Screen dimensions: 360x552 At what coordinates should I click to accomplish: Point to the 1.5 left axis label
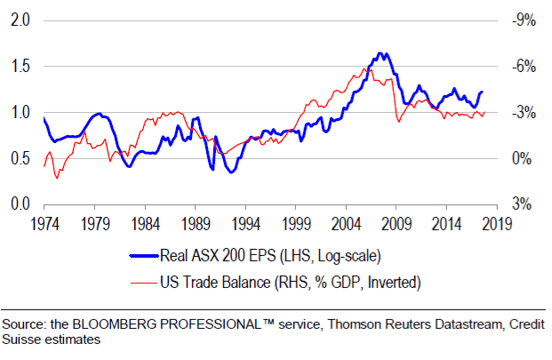19,67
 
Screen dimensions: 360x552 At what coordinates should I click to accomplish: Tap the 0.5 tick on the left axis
19,158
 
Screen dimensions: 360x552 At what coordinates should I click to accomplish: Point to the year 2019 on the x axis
497,222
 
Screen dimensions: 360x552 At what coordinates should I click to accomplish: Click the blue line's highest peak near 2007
380,53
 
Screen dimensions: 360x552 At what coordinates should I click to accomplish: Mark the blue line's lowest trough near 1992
231,172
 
